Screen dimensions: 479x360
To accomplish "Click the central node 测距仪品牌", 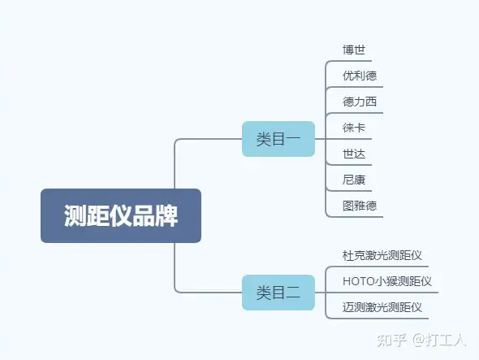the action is [121, 215].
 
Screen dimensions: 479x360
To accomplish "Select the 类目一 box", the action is [278, 139].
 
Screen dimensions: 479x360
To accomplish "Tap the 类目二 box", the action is [278, 293].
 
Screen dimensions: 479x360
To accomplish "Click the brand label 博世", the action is [354, 50].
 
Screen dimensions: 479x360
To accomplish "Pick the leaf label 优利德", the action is [360, 76].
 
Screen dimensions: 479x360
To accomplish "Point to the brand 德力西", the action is [360, 102].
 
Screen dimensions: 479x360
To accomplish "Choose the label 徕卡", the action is [354, 128].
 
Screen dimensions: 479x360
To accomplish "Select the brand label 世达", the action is [354, 154].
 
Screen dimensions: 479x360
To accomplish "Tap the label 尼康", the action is [354, 180].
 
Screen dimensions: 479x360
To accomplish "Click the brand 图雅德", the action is [360, 206].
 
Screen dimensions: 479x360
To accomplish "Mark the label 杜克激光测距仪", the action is [382, 255].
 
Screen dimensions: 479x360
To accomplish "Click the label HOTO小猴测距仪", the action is [387, 281].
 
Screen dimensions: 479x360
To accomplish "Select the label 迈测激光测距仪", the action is [382, 307].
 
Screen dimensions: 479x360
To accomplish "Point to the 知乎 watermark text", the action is [391, 340].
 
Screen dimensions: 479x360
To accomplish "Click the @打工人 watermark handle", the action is [439, 340].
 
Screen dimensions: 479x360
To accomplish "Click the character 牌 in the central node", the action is [166, 215].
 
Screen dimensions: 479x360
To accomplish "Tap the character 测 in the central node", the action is [76, 215].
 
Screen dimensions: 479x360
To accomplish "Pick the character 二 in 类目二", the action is [293, 293].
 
